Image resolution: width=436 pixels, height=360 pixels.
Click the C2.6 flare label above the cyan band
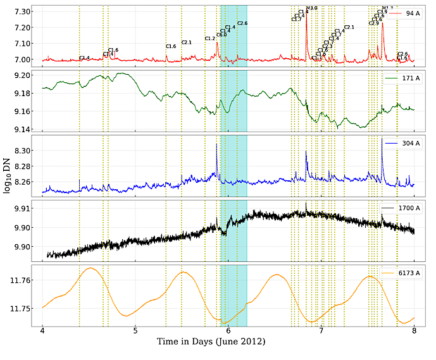click(x=242, y=23)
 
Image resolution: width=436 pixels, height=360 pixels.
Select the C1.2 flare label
click(x=210, y=39)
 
